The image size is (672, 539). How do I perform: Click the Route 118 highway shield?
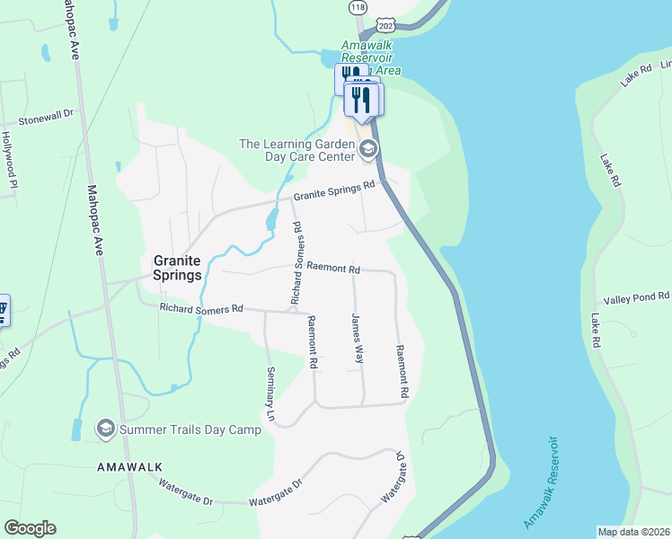(358, 6)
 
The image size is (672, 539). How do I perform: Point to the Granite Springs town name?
(176, 267)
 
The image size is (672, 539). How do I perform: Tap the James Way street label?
(358, 338)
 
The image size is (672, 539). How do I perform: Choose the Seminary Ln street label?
(270, 394)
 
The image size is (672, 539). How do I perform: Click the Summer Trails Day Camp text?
(190, 429)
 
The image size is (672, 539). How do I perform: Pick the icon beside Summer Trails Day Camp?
(106, 429)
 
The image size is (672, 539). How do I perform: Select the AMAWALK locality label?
(128, 467)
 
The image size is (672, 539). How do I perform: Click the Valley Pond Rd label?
(636, 297)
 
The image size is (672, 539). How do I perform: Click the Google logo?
(31, 528)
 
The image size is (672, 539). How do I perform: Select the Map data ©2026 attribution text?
(634, 531)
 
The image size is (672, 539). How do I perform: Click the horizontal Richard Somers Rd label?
(201, 308)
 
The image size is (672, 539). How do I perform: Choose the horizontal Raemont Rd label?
(332, 268)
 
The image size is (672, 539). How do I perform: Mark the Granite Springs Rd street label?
(333, 191)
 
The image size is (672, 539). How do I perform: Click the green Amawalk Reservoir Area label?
(370, 57)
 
